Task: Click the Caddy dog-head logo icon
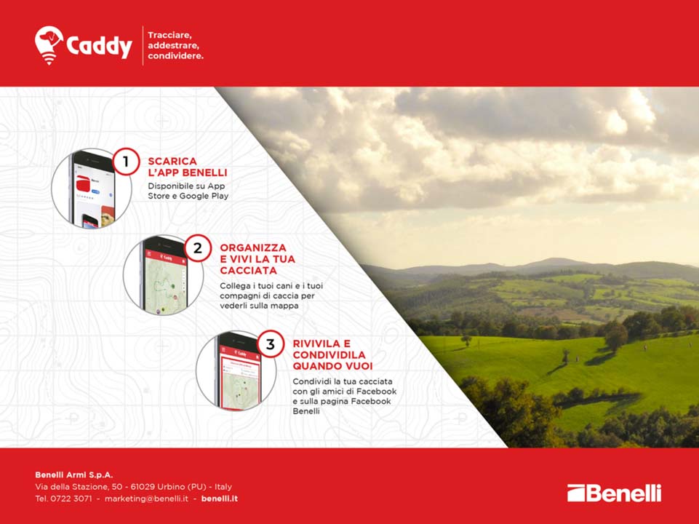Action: coord(49,44)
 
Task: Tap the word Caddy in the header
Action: coord(100,46)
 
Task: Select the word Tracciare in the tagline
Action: coord(169,35)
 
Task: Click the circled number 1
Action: coord(126,161)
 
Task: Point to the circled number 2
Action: coord(198,247)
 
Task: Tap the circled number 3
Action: coord(270,344)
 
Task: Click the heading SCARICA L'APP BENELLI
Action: coord(187,167)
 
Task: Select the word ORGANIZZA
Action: coord(253,247)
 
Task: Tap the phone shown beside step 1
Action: coord(92,189)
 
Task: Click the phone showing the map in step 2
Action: coord(164,276)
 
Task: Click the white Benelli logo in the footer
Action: coord(615,493)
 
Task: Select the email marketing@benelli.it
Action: coord(146,499)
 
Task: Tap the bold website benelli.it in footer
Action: coord(220,499)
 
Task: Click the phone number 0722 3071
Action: coord(71,499)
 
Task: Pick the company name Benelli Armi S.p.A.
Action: coord(74,475)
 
